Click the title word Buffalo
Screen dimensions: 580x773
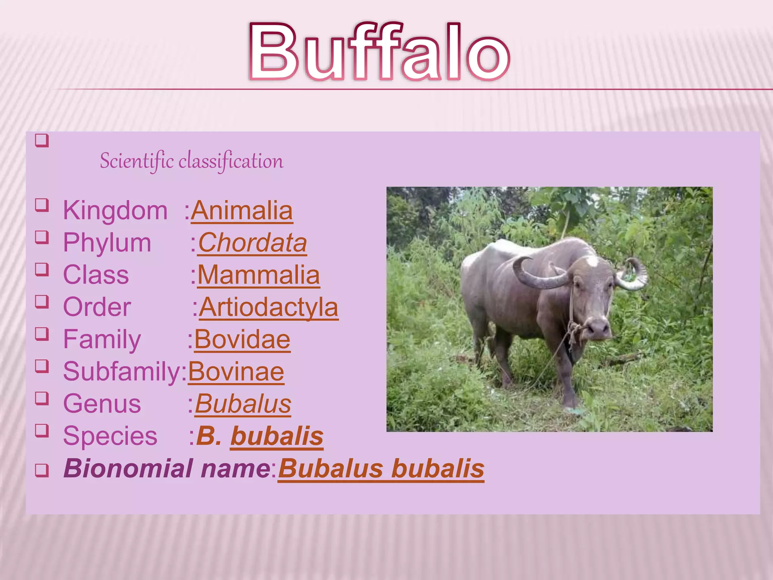click(379, 52)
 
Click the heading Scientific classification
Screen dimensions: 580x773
click(191, 161)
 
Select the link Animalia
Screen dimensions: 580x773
click(242, 211)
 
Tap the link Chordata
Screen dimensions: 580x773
click(253, 243)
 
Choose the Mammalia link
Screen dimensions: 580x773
click(259, 275)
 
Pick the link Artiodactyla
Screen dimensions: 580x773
click(268, 307)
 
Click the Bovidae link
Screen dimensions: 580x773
click(242, 339)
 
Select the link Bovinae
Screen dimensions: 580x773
click(236, 372)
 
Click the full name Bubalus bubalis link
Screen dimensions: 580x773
click(381, 469)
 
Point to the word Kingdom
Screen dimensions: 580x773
click(115, 211)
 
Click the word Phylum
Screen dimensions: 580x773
click(107, 243)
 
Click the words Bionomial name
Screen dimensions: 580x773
click(167, 469)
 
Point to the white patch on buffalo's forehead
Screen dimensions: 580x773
click(591, 261)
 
